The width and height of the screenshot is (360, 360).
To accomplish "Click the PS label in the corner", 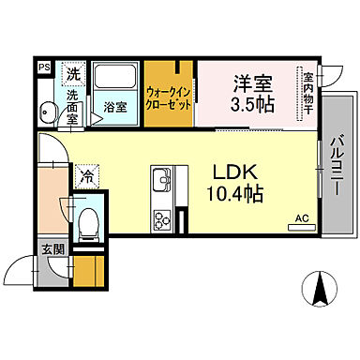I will click(x=43, y=68).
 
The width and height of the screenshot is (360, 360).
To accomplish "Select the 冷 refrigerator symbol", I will click(x=87, y=175).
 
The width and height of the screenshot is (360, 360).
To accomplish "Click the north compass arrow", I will click(x=319, y=286).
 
